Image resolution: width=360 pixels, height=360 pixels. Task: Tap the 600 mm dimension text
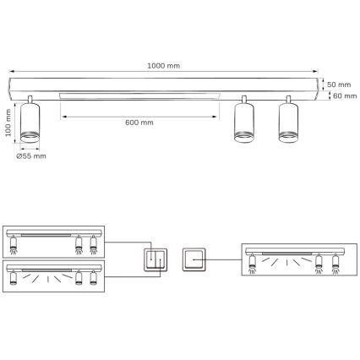click(138, 123)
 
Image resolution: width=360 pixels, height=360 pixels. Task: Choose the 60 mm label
click(344, 95)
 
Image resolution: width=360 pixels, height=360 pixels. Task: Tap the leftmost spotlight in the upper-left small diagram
click(14, 246)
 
